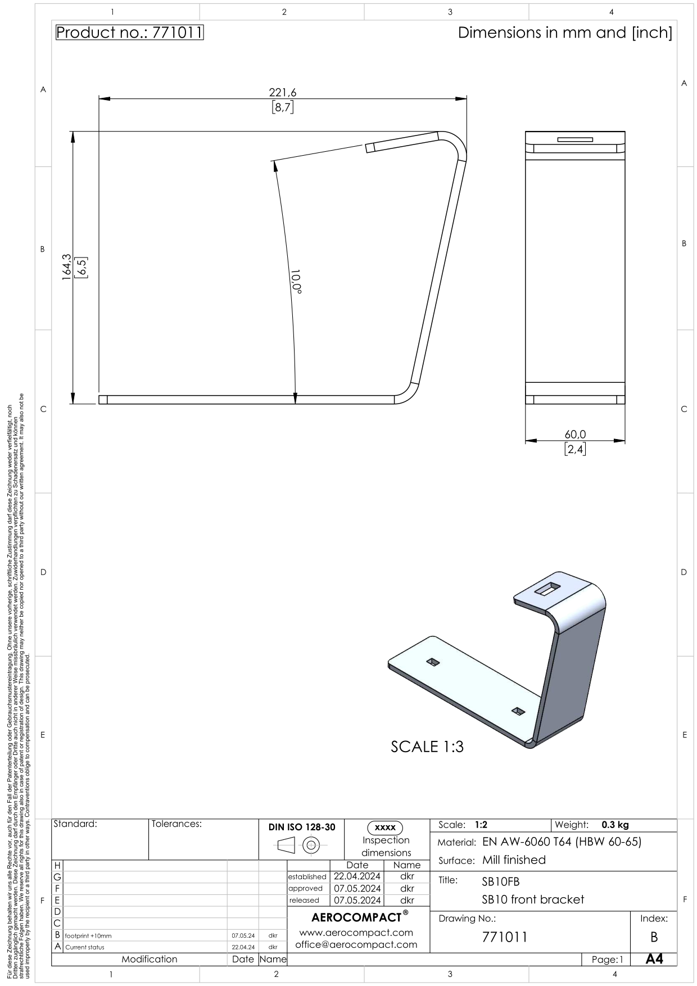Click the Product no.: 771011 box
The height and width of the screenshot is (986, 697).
[x=129, y=33]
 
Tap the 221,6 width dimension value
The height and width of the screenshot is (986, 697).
[x=282, y=93]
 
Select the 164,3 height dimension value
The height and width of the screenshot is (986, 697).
[x=67, y=267]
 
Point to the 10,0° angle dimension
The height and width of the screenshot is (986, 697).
[x=296, y=281]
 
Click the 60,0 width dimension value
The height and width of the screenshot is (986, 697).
[x=575, y=434]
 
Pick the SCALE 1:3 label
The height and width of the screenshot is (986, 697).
[x=427, y=747]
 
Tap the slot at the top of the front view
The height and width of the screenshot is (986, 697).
[x=575, y=139]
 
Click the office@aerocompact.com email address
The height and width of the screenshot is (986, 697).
[x=356, y=944]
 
